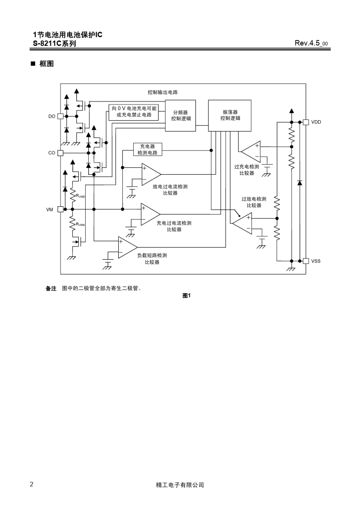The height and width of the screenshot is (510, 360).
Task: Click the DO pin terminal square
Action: [60, 116]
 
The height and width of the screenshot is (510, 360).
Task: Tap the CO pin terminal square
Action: [60, 153]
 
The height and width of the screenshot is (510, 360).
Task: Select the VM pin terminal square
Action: [60, 209]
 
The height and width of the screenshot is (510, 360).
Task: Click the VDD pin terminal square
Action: [306, 122]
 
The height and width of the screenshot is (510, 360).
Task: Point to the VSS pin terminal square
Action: [306, 261]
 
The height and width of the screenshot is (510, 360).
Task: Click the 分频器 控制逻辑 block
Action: [180, 116]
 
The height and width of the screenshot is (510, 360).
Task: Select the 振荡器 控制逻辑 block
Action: [230, 116]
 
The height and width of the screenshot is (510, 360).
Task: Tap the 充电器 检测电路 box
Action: [148, 149]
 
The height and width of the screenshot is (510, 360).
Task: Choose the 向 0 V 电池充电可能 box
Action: [133, 112]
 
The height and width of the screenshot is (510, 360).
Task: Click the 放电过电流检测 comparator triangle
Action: [150, 174]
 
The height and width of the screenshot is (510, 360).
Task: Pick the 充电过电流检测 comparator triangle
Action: [149, 214]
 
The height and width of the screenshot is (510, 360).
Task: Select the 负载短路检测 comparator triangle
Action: [127, 248]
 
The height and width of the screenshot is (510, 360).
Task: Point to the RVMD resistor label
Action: [80, 196]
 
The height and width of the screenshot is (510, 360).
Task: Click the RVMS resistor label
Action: [80, 224]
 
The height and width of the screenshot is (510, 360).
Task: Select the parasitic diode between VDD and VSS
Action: [300, 183]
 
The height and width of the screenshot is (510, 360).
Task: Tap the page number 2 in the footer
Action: [31, 484]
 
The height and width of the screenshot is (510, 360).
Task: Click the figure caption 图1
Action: [186, 295]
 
